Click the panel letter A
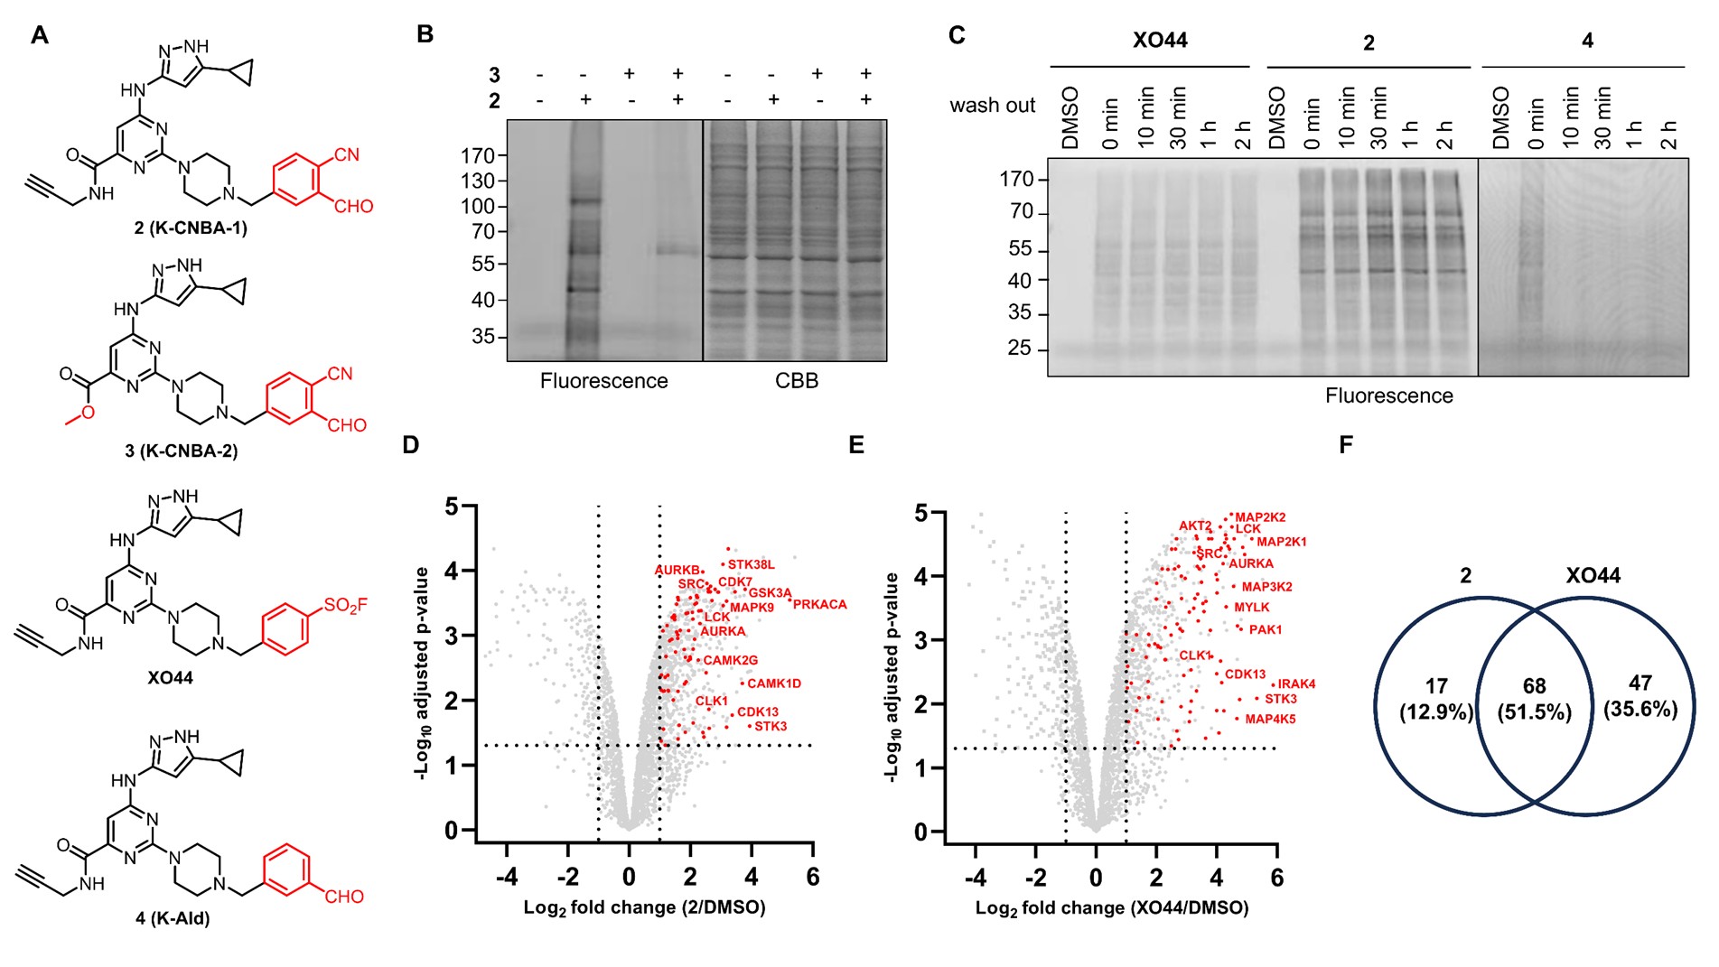[39, 35]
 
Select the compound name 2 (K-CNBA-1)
[191, 228]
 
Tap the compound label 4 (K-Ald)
[172, 918]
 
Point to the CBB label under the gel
[797, 381]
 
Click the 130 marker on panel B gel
[478, 181]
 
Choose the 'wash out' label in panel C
[992, 106]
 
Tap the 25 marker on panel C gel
[1019, 349]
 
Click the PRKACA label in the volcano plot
[819, 604]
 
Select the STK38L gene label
[751, 564]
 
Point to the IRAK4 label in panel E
[1296, 683]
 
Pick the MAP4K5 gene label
[1270, 719]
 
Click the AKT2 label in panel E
[1195, 525]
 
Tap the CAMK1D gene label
[774, 683]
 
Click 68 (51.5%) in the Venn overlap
[1534, 699]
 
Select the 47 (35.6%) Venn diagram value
[1640, 696]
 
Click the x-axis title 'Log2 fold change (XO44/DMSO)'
[1112, 908]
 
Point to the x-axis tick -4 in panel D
[506, 877]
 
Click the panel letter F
[1346, 444]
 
